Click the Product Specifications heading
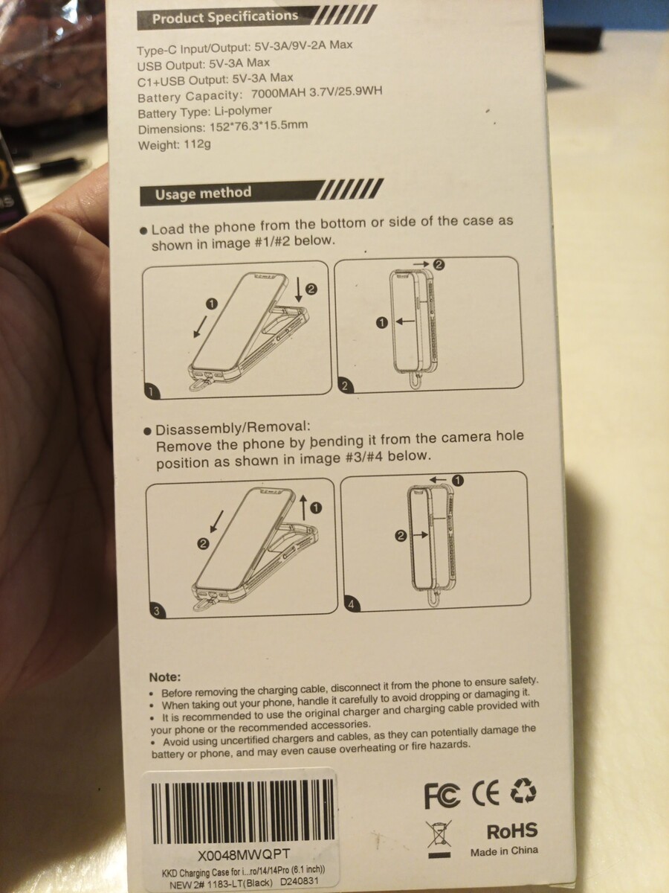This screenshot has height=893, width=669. [x=225, y=17]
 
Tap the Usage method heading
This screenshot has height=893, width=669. [x=203, y=193]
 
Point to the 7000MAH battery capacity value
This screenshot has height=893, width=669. [x=278, y=94]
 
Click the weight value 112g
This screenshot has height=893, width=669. [x=198, y=144]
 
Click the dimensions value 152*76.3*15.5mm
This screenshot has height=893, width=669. [x=259, y=126]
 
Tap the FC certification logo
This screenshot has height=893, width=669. [x=442, y=796]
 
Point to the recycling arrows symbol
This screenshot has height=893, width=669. [x=523, y=790]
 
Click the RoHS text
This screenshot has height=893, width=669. [x=512, y=830]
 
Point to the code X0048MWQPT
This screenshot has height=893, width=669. [x=244, y=855]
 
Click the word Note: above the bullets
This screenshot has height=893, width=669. [x=165, y=677]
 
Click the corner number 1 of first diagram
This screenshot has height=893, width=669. [x=151, y=391]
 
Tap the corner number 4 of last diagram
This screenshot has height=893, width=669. [x=351, y=604]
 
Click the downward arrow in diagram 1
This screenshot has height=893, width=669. [x=299, y=289]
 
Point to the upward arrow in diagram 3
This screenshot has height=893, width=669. [x=303, y=508]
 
